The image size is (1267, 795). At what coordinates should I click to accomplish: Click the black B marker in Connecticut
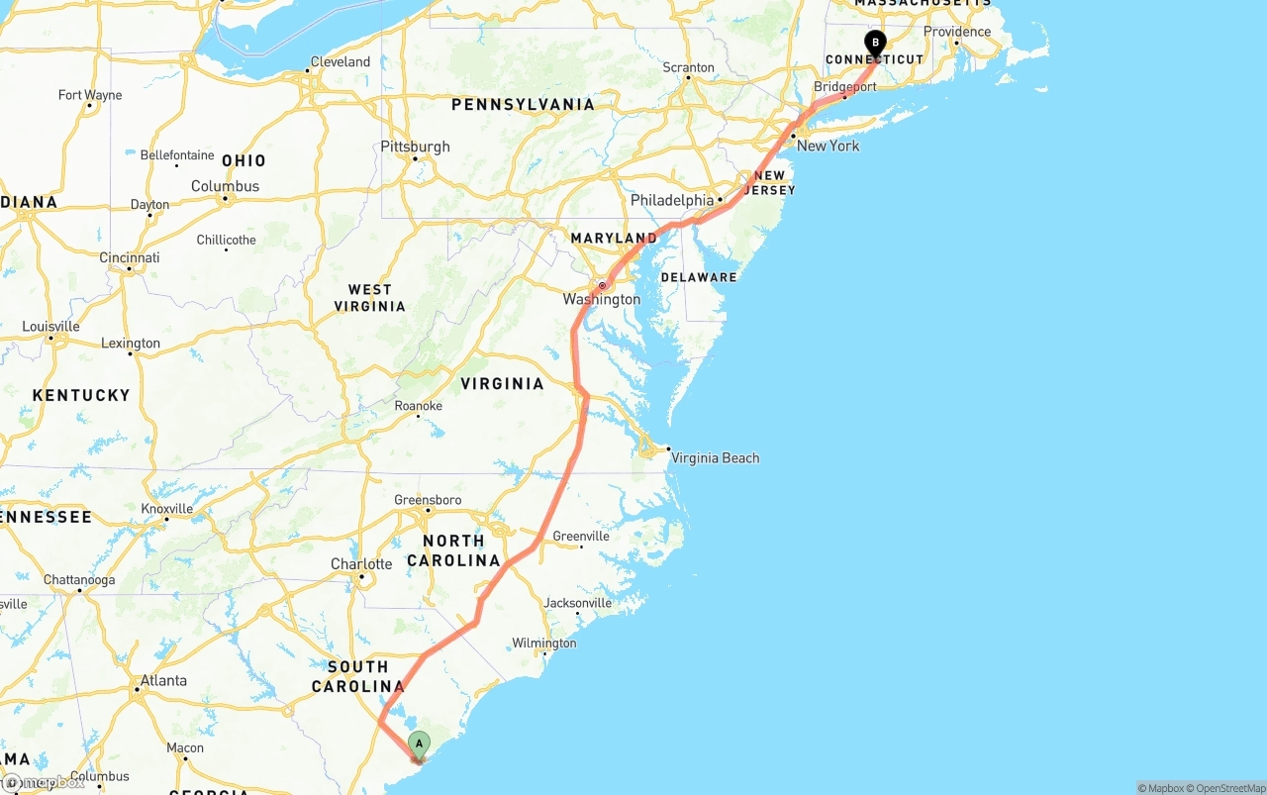[x=875, y=43]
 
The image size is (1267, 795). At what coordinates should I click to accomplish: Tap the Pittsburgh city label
[x=415, y=147]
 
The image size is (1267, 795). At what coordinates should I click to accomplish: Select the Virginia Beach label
[x=715, y=457]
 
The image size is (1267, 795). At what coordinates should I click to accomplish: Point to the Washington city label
[x=601, y=299]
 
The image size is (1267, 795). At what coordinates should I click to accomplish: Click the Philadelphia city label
[x=672, y=200]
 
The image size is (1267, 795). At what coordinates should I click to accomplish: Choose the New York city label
[x=828, y=146]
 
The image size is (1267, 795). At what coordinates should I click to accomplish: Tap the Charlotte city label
[x=361, y=564]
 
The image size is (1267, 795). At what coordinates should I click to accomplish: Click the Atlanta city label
[x=163, y=680]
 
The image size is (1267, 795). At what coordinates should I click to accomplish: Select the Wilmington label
[x=543, y=644]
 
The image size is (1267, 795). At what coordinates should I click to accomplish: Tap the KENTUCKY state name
[x=81, y=395]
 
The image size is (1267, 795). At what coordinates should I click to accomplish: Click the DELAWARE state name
[x=699, y=277]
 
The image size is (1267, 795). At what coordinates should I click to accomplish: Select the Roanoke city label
[x=418, y=406]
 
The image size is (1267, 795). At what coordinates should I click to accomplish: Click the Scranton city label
[x=688, y=67]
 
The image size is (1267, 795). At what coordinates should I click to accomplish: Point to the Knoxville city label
[x=166, y=508]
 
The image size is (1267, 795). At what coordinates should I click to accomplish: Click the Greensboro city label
[x=428, y=500]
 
